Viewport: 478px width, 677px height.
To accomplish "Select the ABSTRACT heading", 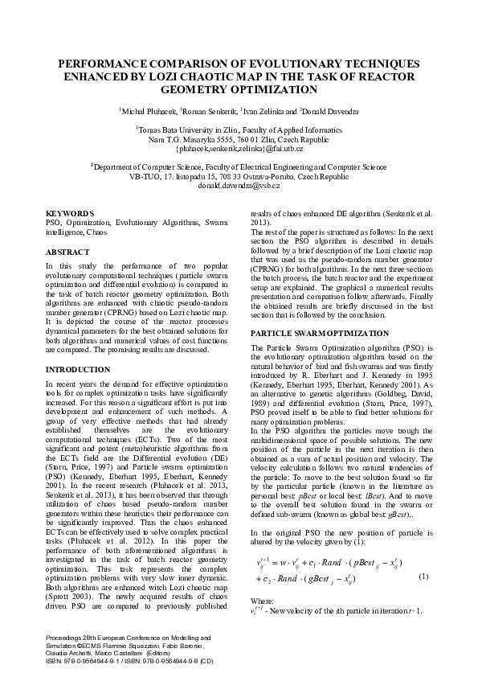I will tap(67, 252).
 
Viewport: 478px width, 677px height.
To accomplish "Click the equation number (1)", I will tap(424, 577).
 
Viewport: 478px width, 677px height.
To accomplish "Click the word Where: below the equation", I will tap(263, 601).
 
